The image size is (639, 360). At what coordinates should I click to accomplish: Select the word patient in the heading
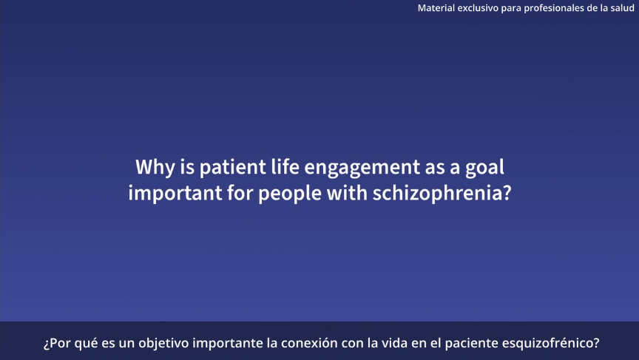tap(232, 167)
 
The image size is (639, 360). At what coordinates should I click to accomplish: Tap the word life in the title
tap(285, 166)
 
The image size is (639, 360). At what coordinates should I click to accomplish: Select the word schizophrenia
tap(437, 193)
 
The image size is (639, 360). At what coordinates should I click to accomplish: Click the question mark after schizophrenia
tap(507, 193)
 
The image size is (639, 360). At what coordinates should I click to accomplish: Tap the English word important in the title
tap(175, 193)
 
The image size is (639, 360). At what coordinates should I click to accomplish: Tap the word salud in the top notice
tap(622, 7)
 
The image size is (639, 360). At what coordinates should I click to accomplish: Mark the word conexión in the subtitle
tap(310, 343)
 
